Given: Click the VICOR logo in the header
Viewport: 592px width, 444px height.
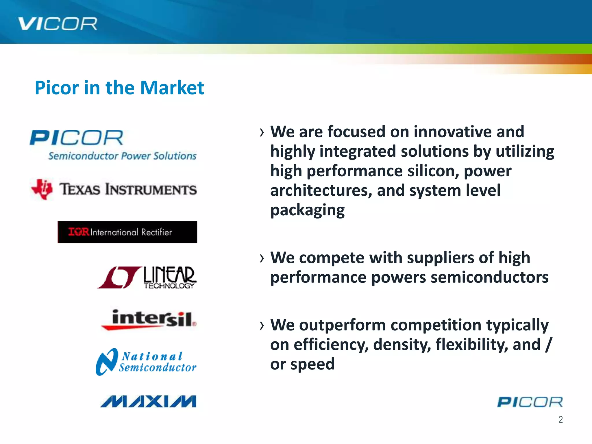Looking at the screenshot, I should [58, 24].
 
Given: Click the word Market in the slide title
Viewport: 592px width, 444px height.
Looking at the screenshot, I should [172, 88].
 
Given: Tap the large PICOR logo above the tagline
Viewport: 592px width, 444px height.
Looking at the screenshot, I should [77, 138].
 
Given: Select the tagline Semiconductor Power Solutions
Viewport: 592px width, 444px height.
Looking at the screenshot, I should [122, 156].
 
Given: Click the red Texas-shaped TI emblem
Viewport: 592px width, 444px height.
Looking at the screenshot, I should [42, 189].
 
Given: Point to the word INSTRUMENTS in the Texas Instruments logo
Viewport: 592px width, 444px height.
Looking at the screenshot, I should [151, 190].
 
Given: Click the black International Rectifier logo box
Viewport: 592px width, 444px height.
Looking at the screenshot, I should [127, 232].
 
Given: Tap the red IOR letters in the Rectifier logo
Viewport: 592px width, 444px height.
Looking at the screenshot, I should [79, 232].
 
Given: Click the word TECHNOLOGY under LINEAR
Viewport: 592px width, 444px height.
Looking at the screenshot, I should [169, 286].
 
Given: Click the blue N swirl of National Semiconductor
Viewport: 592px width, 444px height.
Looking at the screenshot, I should [106, 362].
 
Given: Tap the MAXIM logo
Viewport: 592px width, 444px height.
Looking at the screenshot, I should [148, 402].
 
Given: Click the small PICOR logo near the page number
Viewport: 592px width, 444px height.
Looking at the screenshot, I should [530, 402].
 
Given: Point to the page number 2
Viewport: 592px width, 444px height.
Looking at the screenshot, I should [560, 420].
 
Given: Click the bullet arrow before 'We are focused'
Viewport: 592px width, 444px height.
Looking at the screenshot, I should [262, 133].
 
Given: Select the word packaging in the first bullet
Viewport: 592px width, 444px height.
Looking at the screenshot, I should [307, 210].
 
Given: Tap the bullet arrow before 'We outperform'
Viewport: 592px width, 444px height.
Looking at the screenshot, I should [262, 326].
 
